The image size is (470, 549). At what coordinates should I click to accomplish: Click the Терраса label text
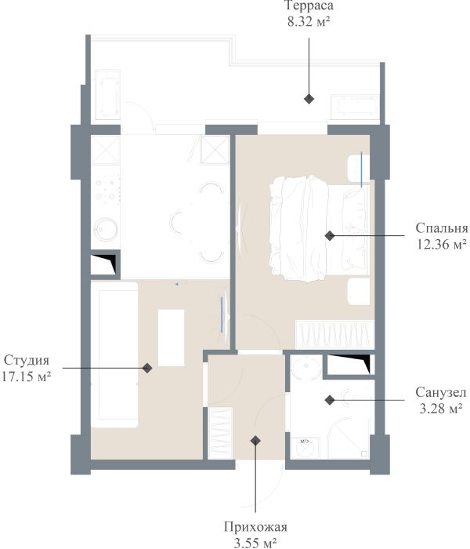coord(309,6)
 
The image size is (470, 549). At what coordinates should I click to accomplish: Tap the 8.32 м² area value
coord(309,22)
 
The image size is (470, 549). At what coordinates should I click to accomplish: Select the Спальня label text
coord(442,228)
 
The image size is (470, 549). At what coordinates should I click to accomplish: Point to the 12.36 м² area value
coord(442,244)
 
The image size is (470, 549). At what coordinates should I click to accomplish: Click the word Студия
coord(27,360)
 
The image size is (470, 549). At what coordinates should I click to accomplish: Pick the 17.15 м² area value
coord(27,376)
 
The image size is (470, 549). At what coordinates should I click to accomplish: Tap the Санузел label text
coord(441,392)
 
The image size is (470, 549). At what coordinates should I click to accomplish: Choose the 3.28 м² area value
coord(441,409)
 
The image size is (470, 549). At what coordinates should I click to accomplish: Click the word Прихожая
coord(255,527)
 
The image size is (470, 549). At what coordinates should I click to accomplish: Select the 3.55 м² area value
coord(255,543)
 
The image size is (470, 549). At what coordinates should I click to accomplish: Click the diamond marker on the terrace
coord(309,99)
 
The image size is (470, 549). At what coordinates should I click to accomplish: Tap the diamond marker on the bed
coord(330,235)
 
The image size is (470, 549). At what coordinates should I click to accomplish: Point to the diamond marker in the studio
coord(147,368)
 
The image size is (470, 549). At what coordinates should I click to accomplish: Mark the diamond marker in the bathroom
coord(330,400)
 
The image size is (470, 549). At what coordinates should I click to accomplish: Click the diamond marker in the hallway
coord(255,441)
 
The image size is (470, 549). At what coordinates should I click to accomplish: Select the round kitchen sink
coord(105,230)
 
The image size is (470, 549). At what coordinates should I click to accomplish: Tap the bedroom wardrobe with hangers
coord(334,334)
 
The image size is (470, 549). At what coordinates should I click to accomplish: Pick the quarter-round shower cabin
coord(349,438)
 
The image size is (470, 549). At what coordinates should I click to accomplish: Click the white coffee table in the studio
coord(171,338)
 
